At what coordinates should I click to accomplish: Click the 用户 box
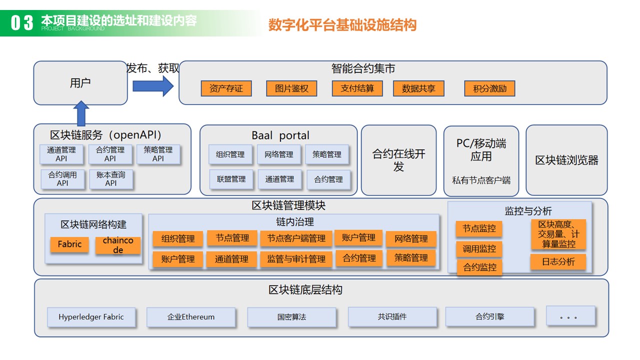[x=80, y=83]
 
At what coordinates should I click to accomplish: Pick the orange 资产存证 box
[x=226, y=88]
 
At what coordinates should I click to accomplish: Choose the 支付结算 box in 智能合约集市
[x=357, y=88]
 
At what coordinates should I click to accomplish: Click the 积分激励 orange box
[x=489, y=88]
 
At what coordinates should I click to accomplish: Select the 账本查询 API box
[x=111, y=179]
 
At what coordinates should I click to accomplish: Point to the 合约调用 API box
[x=62, y=179]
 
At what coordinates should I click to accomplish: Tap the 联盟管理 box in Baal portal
[x=231, y=179]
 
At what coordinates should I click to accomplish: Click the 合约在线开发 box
[x=398, y=160]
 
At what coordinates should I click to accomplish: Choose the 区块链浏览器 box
[x=566, y=160]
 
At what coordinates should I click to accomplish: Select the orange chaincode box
[x=118, y=245]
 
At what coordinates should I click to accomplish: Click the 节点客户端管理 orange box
[x=296, y=238]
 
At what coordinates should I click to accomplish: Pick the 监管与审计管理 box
[x=296, y=259]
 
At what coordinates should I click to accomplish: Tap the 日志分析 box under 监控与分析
[x=558, y=261]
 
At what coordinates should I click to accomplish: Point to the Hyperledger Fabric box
[x=91, y=317]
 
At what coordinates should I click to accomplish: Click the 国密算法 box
[x=291, y=317]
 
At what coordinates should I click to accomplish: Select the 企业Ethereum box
[x=191, y=317]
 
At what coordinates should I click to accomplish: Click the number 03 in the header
[x=22, y=22]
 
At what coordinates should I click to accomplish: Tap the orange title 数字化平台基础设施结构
[x=342, y=25]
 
